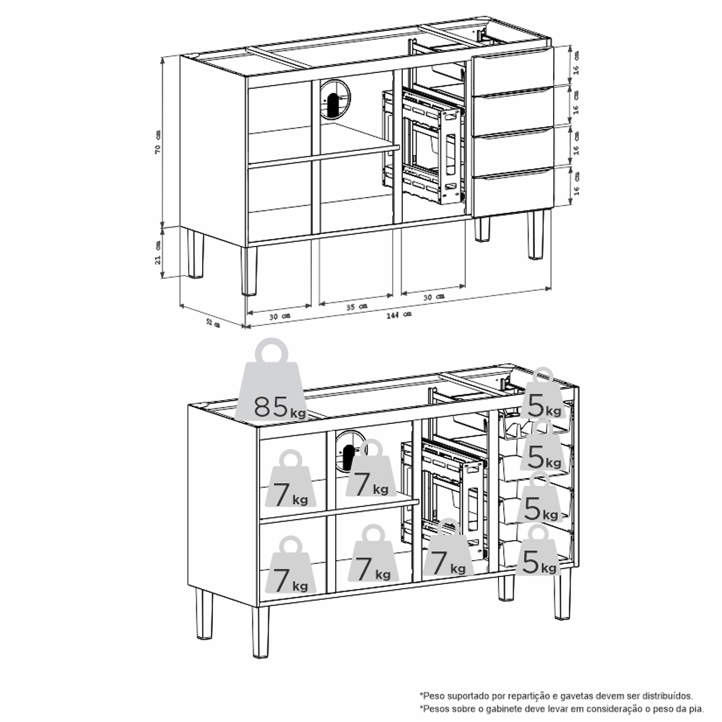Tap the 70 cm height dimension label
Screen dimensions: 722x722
click(158, 141)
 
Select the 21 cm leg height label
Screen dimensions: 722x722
click(158, 253)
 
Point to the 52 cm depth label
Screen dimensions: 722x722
click(213, 323)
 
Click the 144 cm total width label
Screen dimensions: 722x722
click(399, 315)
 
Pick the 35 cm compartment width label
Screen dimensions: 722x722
click(357, 305)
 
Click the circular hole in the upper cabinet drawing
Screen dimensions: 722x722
click(335, 99)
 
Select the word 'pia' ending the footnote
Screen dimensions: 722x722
click(697, 709)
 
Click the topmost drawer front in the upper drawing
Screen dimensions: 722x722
click(512, 71)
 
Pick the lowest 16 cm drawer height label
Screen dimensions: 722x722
click(576, 183)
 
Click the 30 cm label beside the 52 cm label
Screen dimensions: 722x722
click(280, 316)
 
